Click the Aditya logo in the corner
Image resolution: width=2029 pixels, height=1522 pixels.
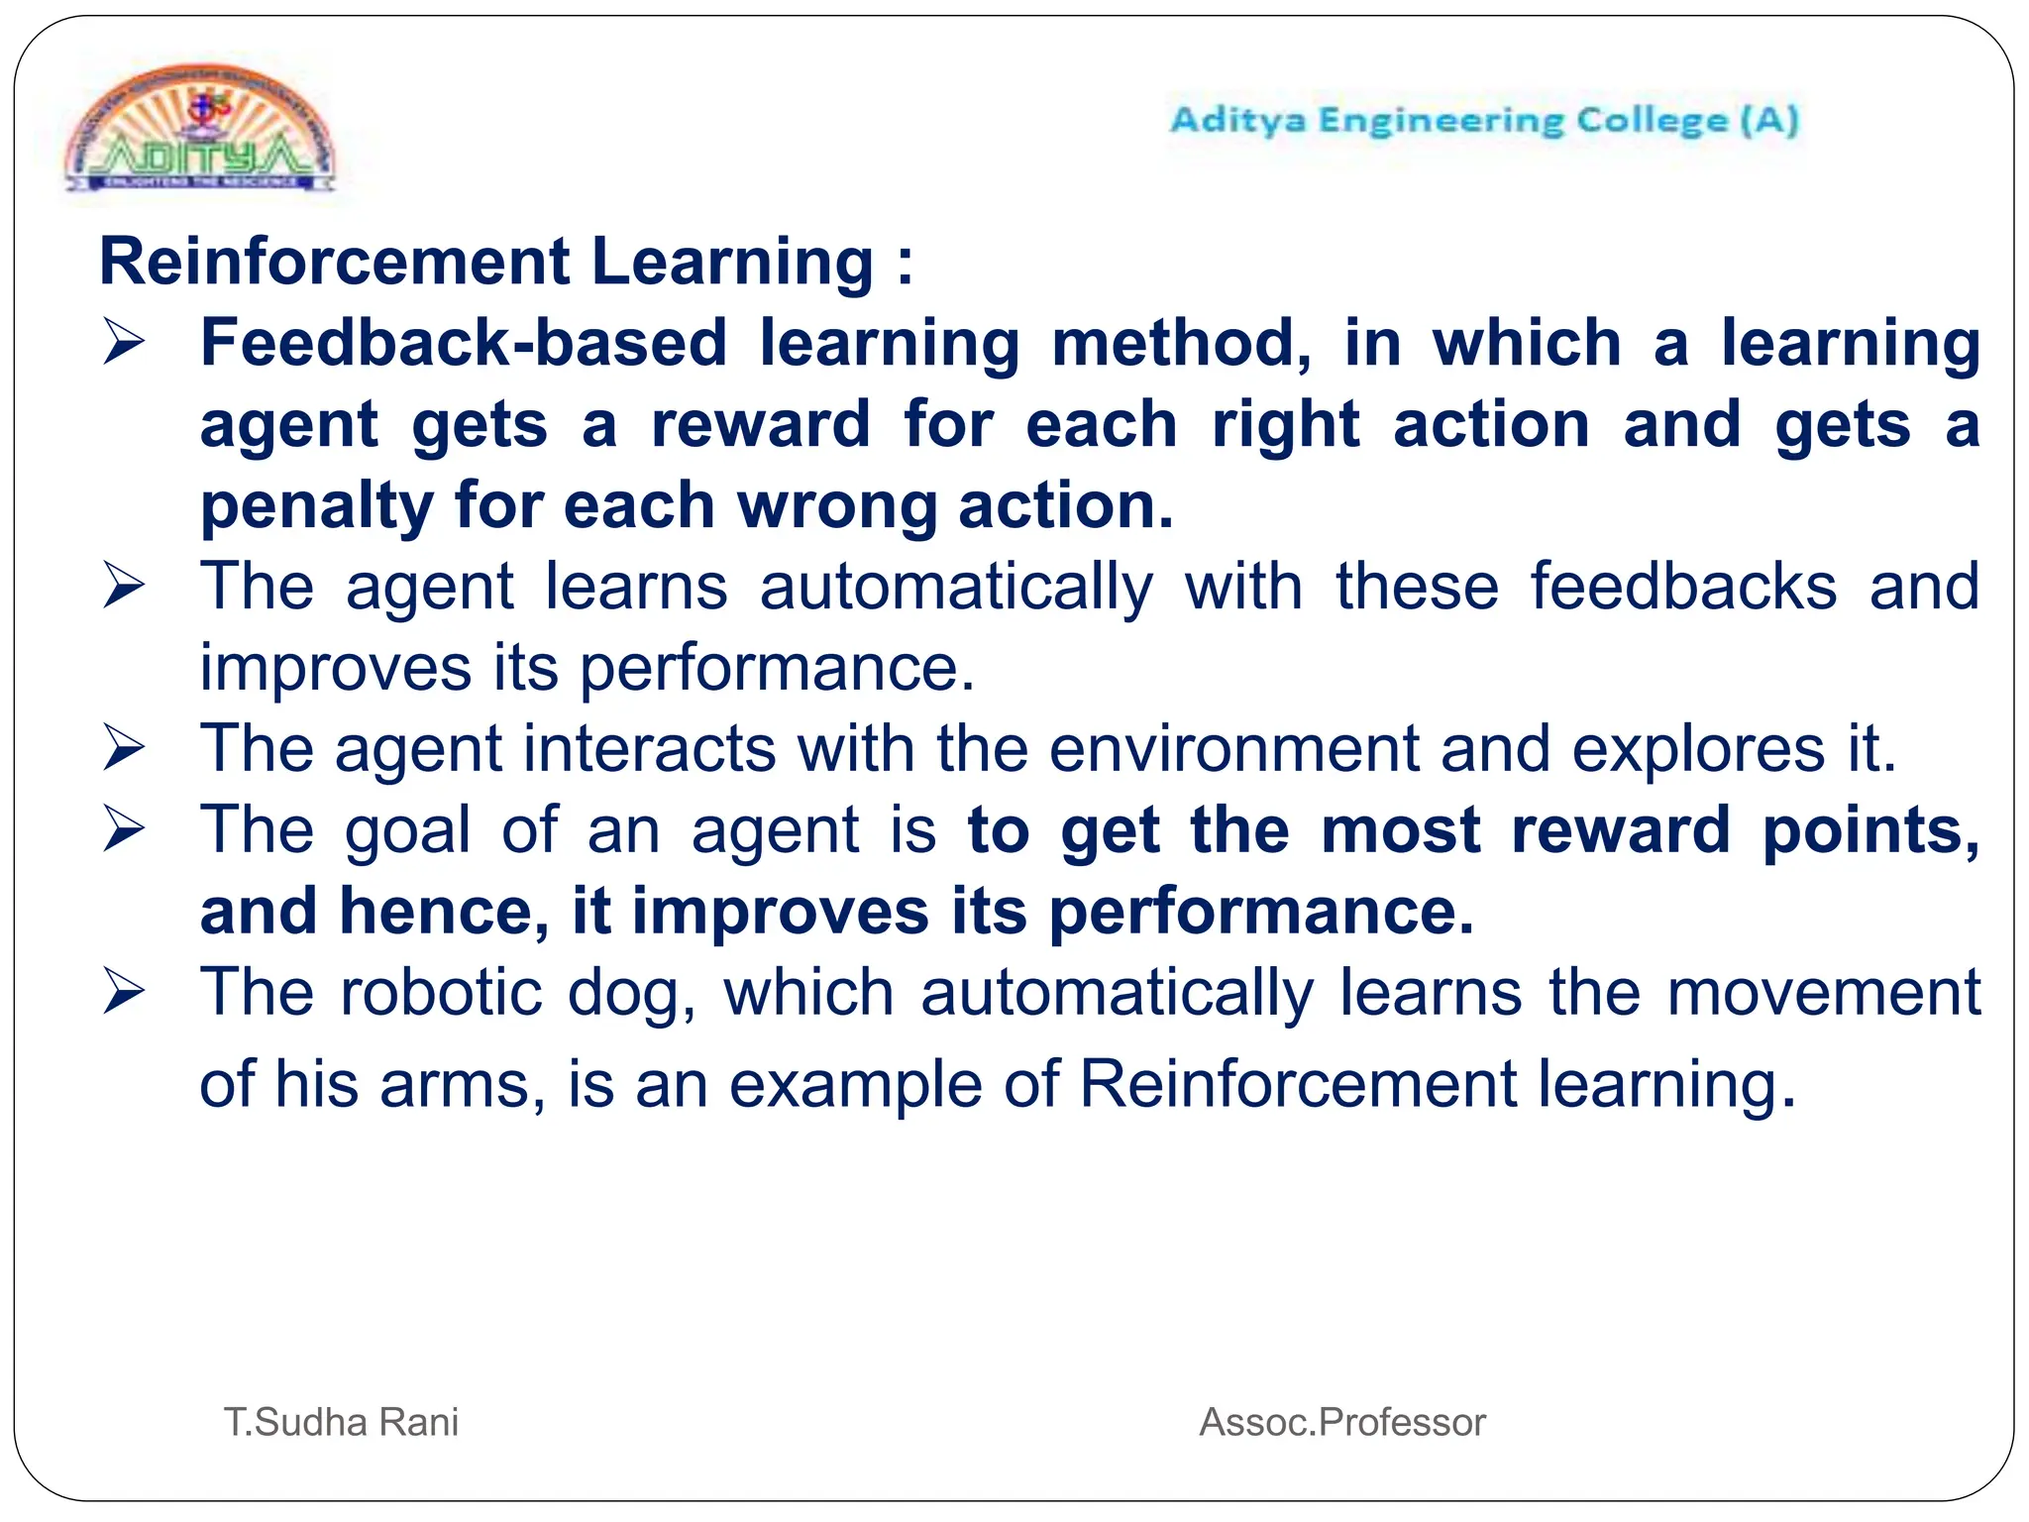click(x=201, y=132)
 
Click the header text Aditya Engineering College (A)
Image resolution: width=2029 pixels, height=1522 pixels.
click(x=1484, y=121)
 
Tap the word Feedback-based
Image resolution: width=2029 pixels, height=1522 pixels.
click(x=464, y=343)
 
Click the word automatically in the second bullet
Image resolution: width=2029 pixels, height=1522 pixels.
click(x=956, y=587)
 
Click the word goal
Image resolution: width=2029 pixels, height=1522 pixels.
click(x=407, y=830)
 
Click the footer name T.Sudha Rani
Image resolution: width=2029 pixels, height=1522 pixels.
click(x=342, y=1422)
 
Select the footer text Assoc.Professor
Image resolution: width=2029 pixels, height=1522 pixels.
click(x=1342, y=1422)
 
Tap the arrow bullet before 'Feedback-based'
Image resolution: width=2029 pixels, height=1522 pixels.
click(x=124, y=343)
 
